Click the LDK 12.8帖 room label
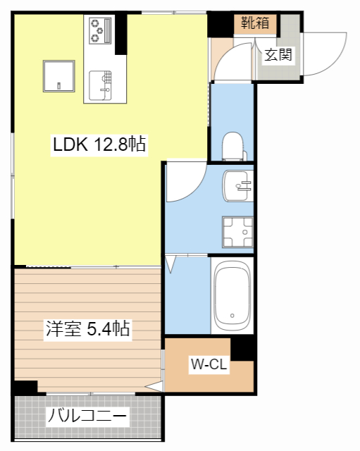99,145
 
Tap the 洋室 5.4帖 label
88,328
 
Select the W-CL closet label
208,364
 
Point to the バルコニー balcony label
87,416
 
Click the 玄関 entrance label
278,55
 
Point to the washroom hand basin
237,186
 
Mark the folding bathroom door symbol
171,264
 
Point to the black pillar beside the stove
120,35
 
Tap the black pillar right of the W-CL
242,348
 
